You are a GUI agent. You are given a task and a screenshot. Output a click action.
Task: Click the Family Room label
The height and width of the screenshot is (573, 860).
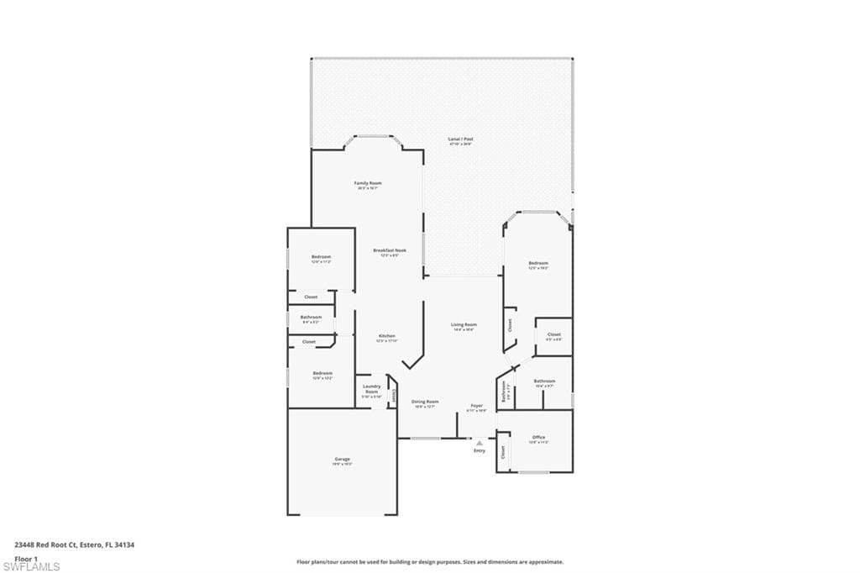pos(368,183)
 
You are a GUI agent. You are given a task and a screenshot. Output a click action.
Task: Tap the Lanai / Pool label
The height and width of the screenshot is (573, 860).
pos(460,139)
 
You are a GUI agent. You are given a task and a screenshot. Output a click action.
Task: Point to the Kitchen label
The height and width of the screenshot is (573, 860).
pos(385,336)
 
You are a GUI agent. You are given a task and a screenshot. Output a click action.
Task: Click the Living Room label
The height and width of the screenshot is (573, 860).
pos(464,324)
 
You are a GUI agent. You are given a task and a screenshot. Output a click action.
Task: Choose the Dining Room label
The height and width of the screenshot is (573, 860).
pos(425,402)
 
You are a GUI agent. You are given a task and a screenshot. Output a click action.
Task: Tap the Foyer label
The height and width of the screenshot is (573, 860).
pos(477,406)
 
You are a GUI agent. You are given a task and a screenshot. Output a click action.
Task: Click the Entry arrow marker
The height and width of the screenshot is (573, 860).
pos(480,442)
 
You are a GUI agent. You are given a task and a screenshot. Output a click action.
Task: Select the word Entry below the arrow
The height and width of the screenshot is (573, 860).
pos(480,451)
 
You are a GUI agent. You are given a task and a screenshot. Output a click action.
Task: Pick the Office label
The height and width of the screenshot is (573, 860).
pos(538,438)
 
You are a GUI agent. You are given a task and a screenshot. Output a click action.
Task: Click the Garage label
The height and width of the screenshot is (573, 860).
pos(342,459)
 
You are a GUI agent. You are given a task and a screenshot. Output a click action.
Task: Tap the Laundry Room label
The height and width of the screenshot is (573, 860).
pos(371,390)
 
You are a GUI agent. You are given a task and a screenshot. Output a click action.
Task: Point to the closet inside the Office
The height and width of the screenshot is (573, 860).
pos(503,452)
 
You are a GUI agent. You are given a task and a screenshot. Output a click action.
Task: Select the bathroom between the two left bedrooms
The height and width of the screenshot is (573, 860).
pos(311,318)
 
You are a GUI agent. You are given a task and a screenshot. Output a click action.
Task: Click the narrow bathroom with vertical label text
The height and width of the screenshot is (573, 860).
pos(504,393)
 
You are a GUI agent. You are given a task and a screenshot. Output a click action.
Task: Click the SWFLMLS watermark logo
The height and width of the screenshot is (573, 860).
pos(31,566)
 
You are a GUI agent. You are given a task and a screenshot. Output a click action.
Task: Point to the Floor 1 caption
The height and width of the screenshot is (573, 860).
pos(27,558)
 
